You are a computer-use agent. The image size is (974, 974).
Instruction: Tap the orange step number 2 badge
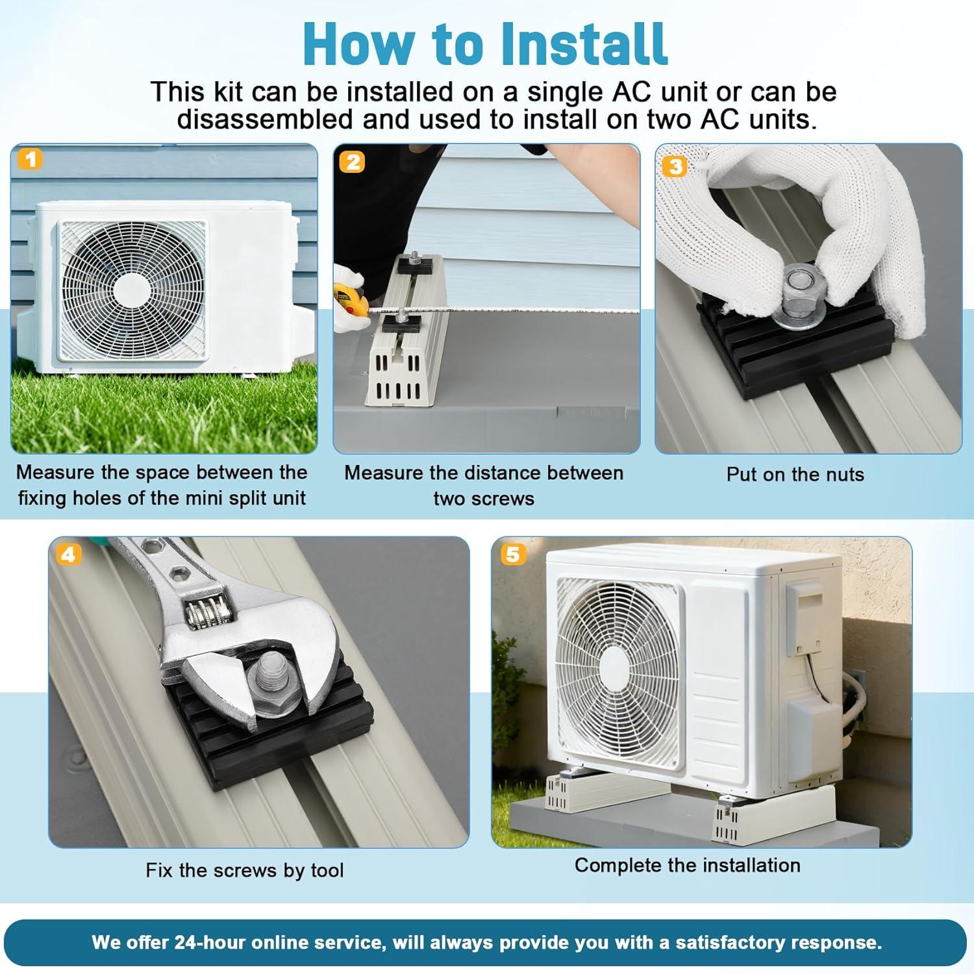pyautogui.click(x=353, y=162)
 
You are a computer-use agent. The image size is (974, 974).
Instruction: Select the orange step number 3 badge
pyautogui.click(x=675, y=166)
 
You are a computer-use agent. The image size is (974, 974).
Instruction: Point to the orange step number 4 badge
pyautogui.click(x=68, y=554)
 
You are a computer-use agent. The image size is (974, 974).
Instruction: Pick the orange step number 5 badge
pyautogui.click(x=512, y=554)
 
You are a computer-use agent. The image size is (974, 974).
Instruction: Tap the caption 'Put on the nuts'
pyautogui.click(x=795, y=475)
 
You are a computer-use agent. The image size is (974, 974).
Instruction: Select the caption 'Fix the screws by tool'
pyautogui.click(x=245, y=870)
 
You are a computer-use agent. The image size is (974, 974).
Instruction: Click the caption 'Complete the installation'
pyautogui.click(x=688, y=866)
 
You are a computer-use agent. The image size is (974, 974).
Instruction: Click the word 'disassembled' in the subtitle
pyautogui.click(x=265, y=119)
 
